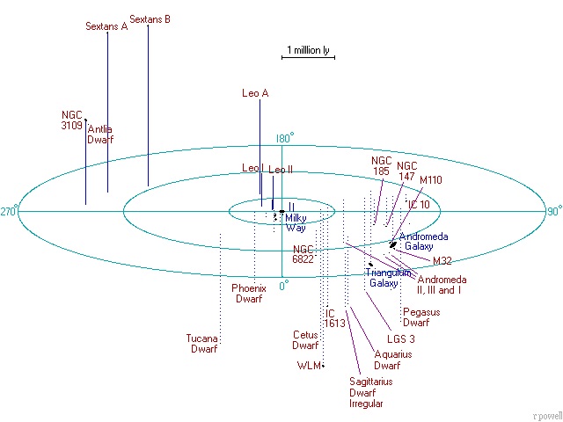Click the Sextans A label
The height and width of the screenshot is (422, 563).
[x=106, y=26]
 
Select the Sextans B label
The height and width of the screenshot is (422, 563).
[x=150, y=18]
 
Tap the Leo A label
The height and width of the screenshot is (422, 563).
[x=254, y=92]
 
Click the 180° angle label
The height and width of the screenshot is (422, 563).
[x=284, y=138]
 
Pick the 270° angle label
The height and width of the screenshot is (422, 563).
[x=10, y=211]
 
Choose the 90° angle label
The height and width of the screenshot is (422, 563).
[x=554, y=211]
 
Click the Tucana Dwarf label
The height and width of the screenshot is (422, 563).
[x=203, y=343]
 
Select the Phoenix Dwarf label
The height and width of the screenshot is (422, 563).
[x=248, y=293]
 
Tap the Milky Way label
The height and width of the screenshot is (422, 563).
[x=295, y=222]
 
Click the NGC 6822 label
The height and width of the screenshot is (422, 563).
[x=303, y=253]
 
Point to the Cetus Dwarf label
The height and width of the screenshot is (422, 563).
[x=305, y=339]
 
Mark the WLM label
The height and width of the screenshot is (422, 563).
[x=309, y=365]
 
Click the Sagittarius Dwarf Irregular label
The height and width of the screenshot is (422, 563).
[x=370, y=392]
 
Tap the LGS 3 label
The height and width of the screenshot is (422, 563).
[x=401, y=338]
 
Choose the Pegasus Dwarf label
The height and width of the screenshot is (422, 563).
[x=421, y=316]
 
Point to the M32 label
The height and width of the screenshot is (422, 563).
[x=442, y=260]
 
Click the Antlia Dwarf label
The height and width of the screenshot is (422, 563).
[x=100, y=134]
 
